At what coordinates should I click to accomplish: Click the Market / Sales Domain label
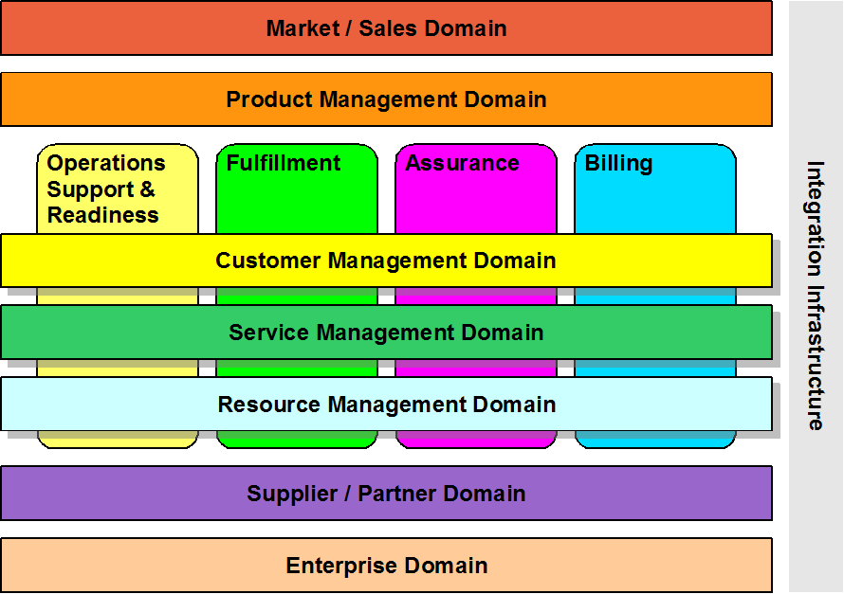click(386, 28)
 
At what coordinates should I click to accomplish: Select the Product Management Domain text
click(386, 99)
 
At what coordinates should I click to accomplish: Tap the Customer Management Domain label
click(386, 261)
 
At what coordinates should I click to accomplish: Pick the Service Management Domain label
click(386, 333)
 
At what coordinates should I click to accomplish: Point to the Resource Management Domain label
click(386, 405)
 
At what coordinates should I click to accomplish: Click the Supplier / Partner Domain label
click(386, 494)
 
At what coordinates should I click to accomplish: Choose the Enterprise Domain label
click(386, 566)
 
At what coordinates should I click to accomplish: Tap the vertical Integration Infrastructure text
click(816, 296)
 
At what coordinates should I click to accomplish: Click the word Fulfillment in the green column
click(283, 163)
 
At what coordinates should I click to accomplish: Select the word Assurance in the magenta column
click(462, 163)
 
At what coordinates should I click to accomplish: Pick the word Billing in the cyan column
click(618, 163)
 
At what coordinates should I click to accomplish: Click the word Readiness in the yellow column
click(102, 215)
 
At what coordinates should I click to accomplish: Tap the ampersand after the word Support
click(147, 189)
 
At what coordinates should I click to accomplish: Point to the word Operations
click(106, 163)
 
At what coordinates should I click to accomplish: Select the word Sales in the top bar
click(381, 28)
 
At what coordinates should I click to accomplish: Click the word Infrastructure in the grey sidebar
click(816, 361)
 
